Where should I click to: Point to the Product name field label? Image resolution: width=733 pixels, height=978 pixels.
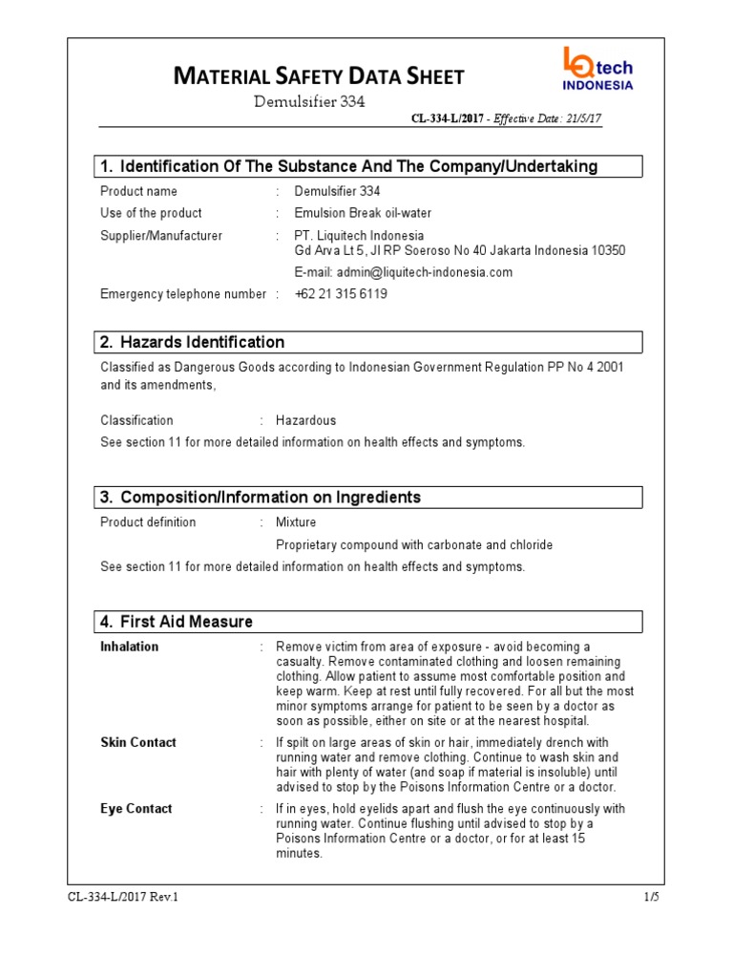pos(138,191)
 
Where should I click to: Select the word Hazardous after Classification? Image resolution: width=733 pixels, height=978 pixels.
pos(305,420)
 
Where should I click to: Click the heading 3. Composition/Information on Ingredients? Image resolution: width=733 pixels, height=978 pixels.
pos(261,498)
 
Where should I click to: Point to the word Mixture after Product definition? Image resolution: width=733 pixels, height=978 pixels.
pos(296,522)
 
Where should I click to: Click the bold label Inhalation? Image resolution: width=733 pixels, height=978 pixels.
pos(130,647)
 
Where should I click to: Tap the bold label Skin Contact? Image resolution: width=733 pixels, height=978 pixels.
pos(138,742)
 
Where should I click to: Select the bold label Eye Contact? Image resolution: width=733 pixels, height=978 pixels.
pos(136,809)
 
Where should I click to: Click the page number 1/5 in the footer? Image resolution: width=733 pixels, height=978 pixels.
pos(652,897)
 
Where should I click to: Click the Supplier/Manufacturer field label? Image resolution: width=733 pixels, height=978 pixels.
pos(161,236)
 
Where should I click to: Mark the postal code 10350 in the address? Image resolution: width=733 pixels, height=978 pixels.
pos(606,250)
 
